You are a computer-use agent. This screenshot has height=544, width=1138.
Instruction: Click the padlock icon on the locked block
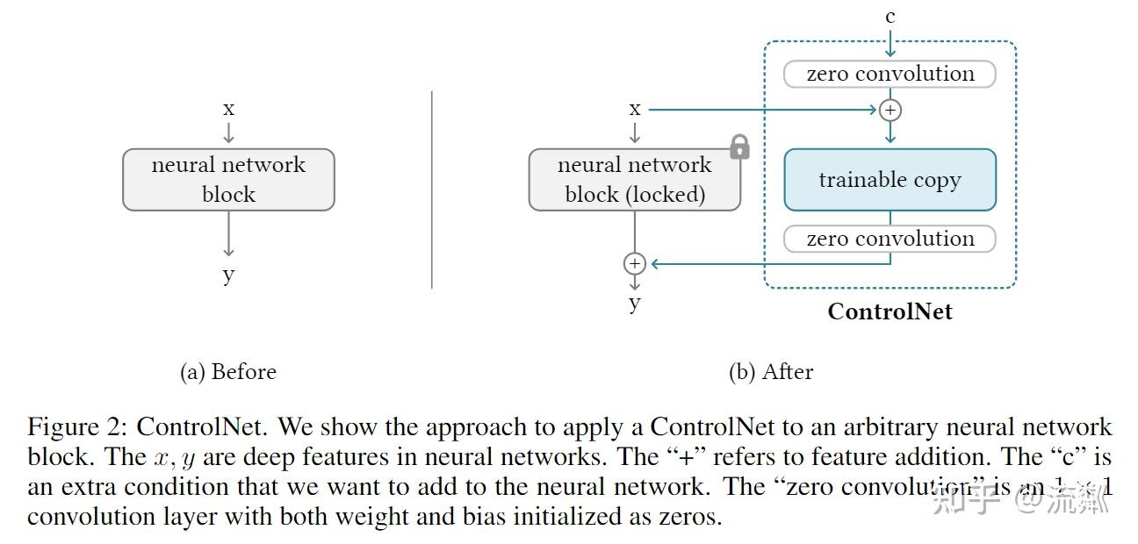click(x=739, y=147)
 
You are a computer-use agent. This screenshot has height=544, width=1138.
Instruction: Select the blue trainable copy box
click(x=890, y=180)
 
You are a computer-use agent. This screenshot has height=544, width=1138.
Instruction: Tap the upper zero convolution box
click(x=890, y=74)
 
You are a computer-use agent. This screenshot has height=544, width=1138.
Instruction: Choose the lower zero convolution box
click(x=890, y=239)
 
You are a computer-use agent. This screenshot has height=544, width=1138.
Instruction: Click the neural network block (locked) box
click(x=634, y=180)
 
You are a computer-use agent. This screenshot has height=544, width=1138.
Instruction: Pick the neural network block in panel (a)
click(x=228, y=180)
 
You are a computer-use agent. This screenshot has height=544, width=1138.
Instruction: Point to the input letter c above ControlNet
click(x=890, y=16)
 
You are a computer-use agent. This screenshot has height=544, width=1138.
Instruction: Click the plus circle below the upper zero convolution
click(x=890, y=110)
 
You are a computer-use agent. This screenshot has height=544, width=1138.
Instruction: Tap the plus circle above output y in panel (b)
click(x=634, y=263)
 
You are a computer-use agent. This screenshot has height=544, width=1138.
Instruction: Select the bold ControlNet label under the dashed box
click(x=890, y=311)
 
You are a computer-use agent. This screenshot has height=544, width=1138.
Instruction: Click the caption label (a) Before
click(x=228, y=372)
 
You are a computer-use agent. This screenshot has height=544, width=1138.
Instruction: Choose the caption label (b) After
click(x=771, y=372)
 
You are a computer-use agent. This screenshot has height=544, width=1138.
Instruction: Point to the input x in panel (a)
click(x=228, y=109)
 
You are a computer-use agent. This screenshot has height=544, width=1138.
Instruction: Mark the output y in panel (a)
click(x=228, y=275)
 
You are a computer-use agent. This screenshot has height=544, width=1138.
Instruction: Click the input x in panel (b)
click(x=634, y=109)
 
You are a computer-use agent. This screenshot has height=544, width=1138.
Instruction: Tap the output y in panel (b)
click(x=634, y=304)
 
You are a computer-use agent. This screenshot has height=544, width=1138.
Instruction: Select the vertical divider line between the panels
click(x=432, y=189)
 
